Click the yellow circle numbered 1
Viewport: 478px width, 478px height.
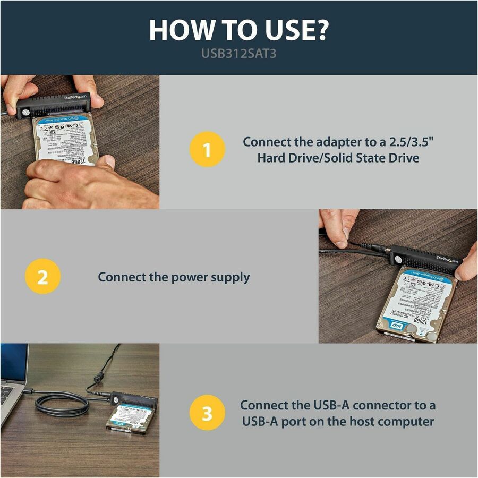click(207, 149)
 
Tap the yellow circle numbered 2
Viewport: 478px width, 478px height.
click(42, 277)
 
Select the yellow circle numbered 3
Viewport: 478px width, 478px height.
click(207, 414)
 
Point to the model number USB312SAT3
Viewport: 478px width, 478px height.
click(239, 54)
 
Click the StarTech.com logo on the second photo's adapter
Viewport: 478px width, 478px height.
click(446, 258)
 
